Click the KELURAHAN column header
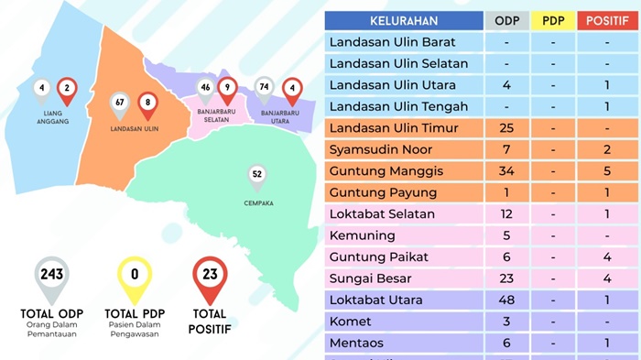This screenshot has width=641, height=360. pyautogui.click(x=404, y=20)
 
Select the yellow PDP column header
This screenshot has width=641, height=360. pyautogui.click(x=553, y=20)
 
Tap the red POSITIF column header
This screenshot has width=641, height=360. pyautogui.click(x=607, y=20)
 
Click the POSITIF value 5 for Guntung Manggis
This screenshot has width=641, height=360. pyautogui.click(x=607, y=171)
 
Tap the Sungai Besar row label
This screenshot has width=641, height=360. pyautogui.click(x=370, y=278)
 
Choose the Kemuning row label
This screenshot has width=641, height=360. pyautogui.click(x=361, y=235)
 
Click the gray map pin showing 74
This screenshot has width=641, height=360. pyautogui.click(x=265, y=90)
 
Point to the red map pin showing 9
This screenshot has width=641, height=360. pyautogui.click(x=227, y=90)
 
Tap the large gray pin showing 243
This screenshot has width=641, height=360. pyautogui.click(x=51, y=278)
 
